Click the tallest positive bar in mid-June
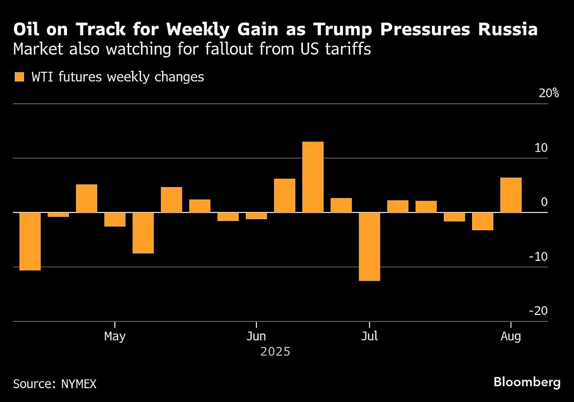(313, 177)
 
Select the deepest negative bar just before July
(369, 246)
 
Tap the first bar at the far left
(30, 241)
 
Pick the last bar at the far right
(511, 195)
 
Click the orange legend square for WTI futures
(19, 77)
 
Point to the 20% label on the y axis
(549, 93)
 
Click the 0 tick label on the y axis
(544, 202)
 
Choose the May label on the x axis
(115, 336)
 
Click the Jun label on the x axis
(256, 336)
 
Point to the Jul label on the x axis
(369, 336)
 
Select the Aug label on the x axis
(511, 336)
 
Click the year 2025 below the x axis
(276, 352)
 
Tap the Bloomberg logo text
(527, 382)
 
